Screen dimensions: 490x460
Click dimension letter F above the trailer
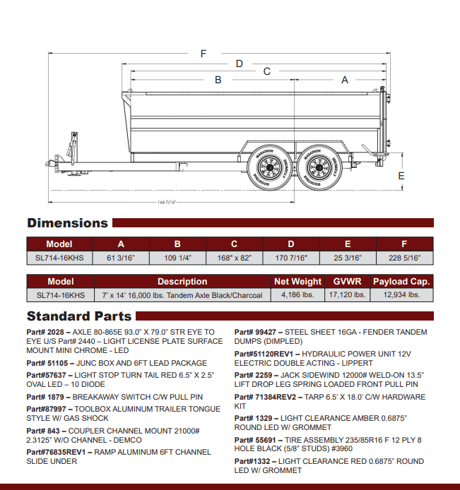[204, 54]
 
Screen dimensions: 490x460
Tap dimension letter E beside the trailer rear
[401, 175]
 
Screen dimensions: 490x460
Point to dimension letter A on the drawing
[345, 80]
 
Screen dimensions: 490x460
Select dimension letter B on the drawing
[218, 80]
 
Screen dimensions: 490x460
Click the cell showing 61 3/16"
[121, 258]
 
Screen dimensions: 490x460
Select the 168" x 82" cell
[234, 258]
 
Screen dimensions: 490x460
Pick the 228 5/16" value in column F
[404, 258]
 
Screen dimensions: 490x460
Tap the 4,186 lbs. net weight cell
[297, 295]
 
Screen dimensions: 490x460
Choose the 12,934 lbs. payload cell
[401, 295]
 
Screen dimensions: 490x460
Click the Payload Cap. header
[401, 281]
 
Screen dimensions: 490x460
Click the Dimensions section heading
[67, 223]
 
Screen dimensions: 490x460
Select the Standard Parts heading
[79, 316]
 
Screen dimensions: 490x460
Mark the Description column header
[182, 281]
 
